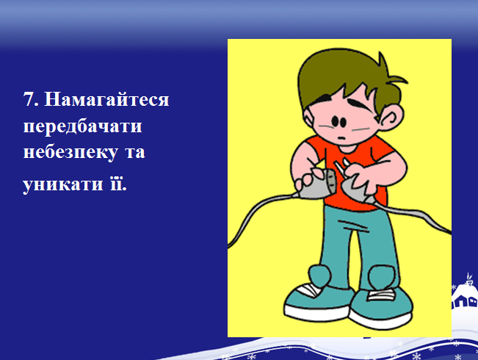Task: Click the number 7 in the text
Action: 29,99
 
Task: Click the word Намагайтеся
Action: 106,99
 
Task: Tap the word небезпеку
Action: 70,153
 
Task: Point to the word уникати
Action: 63,184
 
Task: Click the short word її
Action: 117,183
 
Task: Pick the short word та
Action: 135,153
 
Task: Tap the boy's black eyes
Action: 339,121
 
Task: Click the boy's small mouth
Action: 341,139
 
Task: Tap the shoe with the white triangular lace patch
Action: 318,302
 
